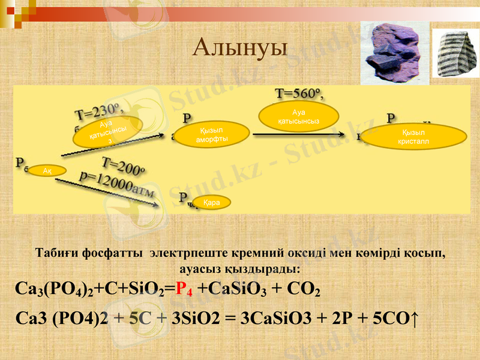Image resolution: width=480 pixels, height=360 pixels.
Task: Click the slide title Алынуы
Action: (240, 47)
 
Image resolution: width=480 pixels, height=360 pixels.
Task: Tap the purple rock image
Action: (394, 53)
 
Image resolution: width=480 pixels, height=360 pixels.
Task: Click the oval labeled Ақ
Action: (46, 171)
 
